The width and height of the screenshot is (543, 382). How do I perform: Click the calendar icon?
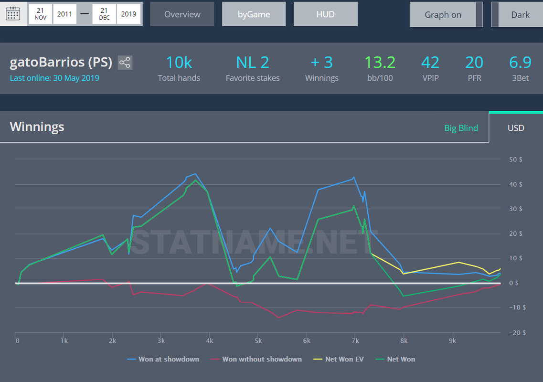[13, 14]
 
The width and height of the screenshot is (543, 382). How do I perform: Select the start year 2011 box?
[64, 14]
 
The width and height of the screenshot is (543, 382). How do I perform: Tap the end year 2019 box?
[128, 14]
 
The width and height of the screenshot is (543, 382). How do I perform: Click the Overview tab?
[182, 14]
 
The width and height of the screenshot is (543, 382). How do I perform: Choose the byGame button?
[254, 14]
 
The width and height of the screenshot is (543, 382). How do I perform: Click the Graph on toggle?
[446, 14]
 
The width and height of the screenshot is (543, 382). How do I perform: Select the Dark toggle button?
[517, 14]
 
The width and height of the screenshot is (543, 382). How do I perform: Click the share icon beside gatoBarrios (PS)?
[125, 63]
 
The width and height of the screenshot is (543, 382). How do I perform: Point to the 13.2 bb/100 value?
[380, 63]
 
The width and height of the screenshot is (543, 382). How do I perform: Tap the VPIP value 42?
[430, 63]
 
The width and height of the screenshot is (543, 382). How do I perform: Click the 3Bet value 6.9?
[520, 63]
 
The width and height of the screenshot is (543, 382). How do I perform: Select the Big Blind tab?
[461, 128]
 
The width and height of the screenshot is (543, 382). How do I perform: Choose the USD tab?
[516, 128]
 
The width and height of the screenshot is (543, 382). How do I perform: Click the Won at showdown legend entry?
[163, 359]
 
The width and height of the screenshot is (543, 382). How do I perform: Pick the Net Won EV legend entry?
[339, 359]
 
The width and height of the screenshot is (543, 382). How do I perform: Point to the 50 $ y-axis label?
[516, 159]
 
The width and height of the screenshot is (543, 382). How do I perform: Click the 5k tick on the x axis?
[258, 341]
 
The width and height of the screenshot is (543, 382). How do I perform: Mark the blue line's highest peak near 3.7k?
[195, 174]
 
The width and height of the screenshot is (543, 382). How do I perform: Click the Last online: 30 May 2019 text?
[54, 78]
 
